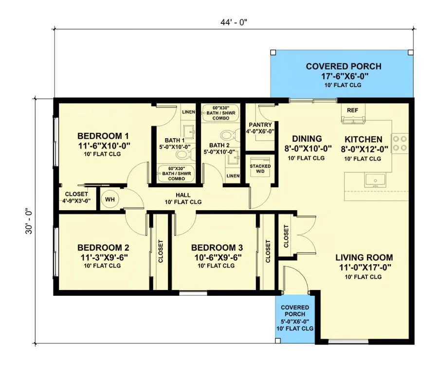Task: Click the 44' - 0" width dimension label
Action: pos(234,22)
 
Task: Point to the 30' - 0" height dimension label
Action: pos(29,221)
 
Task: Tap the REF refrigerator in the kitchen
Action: pos(353,113)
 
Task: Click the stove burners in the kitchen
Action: pos(400,143)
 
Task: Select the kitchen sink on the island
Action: pos(375,181)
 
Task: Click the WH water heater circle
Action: pos(110,199)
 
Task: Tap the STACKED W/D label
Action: pos(260,168)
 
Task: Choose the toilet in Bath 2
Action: pos(230,135)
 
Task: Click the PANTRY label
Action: pos(260,125)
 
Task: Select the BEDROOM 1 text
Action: pos(103,136)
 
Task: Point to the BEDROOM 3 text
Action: pos(217,248)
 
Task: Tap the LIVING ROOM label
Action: pos(364,257)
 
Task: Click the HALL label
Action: pos(183,195)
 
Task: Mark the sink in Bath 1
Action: pos(189,132)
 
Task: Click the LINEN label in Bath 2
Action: pos(233,176)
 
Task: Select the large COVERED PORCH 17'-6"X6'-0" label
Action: pos(344,71)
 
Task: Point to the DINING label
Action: pos(307,139)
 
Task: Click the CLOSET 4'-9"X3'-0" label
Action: pos(76,198)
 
